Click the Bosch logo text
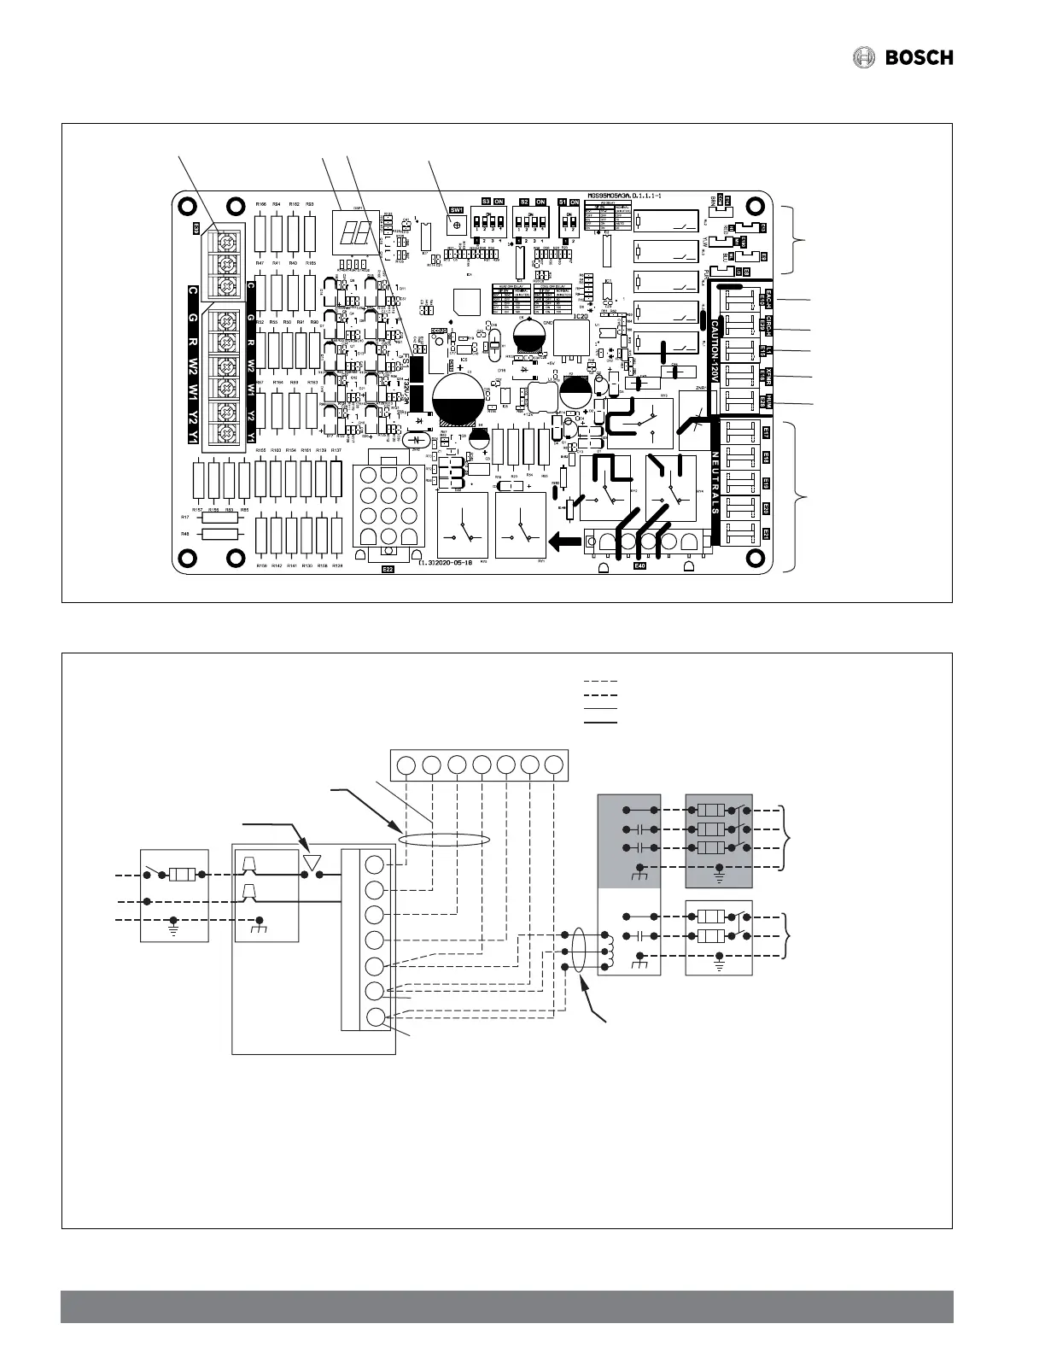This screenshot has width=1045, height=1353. tap(918, 58)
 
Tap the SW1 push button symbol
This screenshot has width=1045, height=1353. tap(458, 225)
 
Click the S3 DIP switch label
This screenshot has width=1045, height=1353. tap(486, 202)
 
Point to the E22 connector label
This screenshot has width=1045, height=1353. tap(388, 568)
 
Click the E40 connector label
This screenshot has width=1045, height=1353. tap(640, 565)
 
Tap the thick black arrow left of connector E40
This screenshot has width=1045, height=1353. tap(564, 540)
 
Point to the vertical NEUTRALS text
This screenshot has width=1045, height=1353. tap(715, 483)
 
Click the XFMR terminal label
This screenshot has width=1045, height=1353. tap(767, 377)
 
